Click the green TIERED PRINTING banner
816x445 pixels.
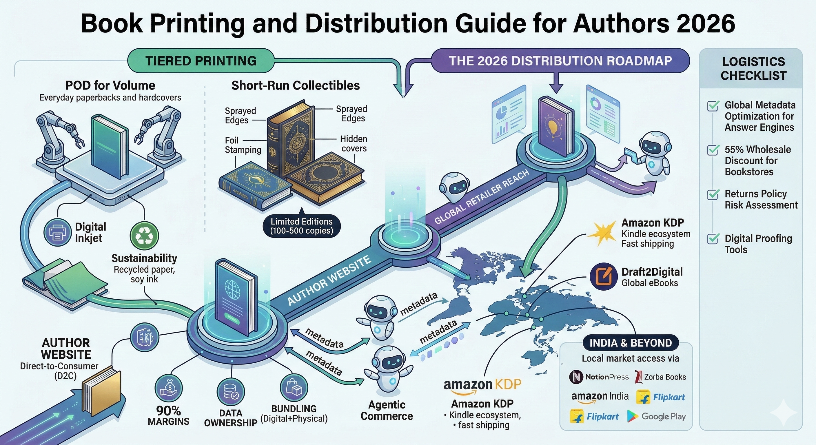[201, 61]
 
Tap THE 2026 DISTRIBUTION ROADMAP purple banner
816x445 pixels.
[560, 61]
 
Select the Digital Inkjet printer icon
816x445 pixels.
[57, 232]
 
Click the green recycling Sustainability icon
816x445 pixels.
[144, 236]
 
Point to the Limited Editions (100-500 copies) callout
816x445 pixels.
[301, 226]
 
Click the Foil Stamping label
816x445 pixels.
[243, 145]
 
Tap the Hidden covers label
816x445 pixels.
[354, 143]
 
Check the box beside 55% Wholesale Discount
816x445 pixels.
[713, 150]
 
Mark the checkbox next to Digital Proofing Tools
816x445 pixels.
[713, 238]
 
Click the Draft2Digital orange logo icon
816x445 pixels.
[604, 276]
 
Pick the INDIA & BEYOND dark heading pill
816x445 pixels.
[630, 343]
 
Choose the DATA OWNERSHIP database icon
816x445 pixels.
[230, 392]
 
